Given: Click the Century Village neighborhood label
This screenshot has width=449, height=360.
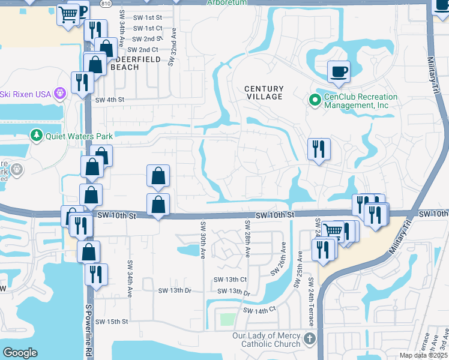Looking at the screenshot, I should (264, 92).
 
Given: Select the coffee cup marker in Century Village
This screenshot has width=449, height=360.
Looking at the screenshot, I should (339, 71).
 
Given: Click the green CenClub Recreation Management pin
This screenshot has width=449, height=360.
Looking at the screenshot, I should (313, 100).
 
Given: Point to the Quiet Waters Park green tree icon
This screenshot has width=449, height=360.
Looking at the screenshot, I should (37, 135).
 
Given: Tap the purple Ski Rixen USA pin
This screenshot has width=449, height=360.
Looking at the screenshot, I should (59, 93).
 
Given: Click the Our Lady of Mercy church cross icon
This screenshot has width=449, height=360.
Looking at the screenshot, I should (309, 339).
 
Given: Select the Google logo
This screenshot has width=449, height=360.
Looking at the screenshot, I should (20, 353).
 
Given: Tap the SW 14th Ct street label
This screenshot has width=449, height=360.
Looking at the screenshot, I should (259, 310).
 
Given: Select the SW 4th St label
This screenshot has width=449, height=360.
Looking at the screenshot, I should (109, 100).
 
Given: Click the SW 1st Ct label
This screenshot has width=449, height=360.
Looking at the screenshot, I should (148, 28).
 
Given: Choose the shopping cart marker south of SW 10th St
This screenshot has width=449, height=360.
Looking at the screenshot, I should (333, 230).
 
